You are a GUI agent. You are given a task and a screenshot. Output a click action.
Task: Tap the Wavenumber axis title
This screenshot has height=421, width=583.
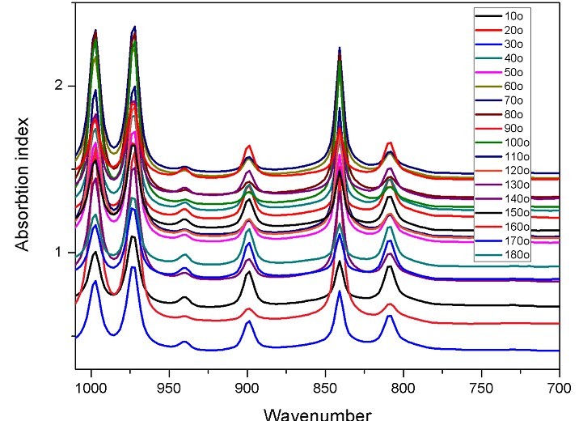tap(318, 413)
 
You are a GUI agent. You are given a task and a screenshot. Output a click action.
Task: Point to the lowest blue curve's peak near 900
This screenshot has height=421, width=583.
tap(248, 321)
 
